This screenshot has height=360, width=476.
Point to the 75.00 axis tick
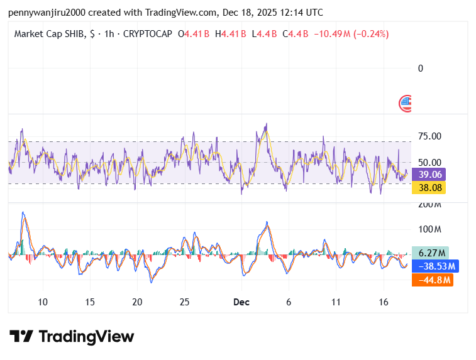[429, 136]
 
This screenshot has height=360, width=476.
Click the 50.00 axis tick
[429, 162]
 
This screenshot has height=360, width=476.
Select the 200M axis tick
[429, 205]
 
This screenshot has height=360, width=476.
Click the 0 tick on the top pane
[421, 68]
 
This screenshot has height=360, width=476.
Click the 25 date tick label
[184, 302]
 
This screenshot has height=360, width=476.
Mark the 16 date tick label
[383, 302]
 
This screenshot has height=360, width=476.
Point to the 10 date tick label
[43, 302]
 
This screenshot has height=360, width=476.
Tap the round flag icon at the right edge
[406, 103]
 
